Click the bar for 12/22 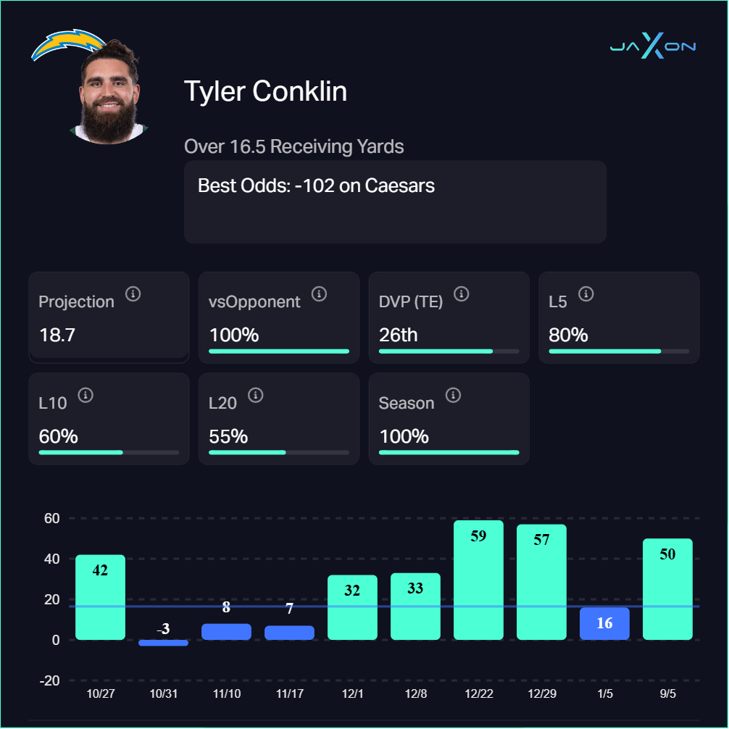(478, 580)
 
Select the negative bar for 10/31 (163, 642)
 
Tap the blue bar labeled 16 (604, 624)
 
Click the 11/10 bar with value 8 (226, 631)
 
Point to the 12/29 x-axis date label (541, 693)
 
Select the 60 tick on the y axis (51, 518)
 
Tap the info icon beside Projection (133, 293)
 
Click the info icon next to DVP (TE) (461, 293)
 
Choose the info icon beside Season (453, 395)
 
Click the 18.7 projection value (57, 336)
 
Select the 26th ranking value (399, 336)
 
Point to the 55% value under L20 (228, 437)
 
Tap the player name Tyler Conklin (265, 92)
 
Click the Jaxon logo (652, 46)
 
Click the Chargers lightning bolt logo (67, 44)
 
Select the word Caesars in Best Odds (399, 186)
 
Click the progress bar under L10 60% (109, 452)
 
